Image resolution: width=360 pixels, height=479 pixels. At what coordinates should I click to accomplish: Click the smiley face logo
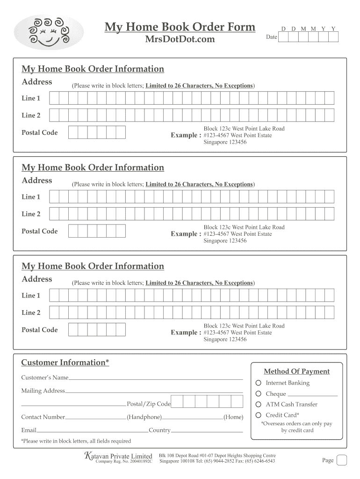[x=49, y=32]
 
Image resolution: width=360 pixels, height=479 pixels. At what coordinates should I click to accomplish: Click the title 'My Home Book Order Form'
[x=180, y=27]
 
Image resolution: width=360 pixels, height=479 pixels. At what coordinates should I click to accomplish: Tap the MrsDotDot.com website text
[x=180, y=39]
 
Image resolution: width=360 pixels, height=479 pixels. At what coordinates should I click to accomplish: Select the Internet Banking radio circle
[x=258, y=383]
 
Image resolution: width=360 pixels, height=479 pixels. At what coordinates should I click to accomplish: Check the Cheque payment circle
[x=258, y=394]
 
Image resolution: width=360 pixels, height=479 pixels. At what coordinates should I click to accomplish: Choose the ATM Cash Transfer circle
[x=258, y=405]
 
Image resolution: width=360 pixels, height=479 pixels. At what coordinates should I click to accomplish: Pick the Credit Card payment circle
[x=258, y=415]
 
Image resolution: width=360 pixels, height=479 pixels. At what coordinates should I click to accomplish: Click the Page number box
[x=341, y=460]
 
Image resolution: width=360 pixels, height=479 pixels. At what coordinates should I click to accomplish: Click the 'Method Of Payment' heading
[x=296, y=371]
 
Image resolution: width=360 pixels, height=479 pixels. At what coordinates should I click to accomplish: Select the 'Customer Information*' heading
[x=65, y=363]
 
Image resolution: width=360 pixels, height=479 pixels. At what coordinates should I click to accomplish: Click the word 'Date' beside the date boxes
[x=271, y=37]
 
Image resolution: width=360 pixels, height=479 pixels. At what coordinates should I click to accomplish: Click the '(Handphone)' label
[x=144, y=417]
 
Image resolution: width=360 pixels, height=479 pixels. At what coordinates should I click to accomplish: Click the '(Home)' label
[x=233, y=417]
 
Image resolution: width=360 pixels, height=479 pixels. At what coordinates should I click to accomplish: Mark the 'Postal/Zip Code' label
[x=149, y=404]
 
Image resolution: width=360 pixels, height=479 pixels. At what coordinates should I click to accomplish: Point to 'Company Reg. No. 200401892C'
[x=123, y=462]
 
